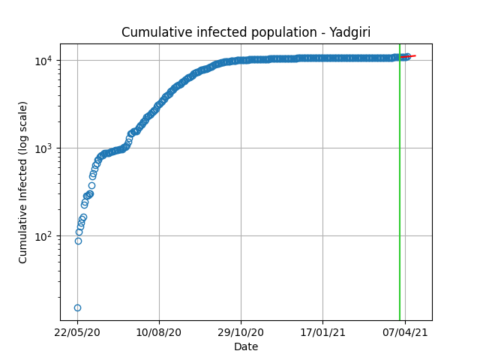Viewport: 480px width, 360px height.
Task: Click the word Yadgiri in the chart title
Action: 350,32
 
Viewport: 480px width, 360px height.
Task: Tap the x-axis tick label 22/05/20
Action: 77,332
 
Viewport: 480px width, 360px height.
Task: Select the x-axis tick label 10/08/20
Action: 158,332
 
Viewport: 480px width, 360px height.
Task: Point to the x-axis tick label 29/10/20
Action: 241,332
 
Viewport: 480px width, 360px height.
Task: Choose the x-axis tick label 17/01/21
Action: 322,332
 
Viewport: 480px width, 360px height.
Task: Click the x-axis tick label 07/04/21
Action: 405,332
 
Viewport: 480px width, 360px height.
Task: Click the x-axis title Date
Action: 246,346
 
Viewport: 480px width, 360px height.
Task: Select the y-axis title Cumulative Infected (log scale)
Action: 23,182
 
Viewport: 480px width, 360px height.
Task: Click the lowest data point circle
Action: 77,307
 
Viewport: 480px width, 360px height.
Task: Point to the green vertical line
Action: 400,182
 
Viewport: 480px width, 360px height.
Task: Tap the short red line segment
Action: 408,56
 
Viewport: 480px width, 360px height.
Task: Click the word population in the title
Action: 283,33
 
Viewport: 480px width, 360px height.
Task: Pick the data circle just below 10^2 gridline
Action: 78,241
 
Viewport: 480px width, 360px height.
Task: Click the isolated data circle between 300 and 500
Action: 91,185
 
